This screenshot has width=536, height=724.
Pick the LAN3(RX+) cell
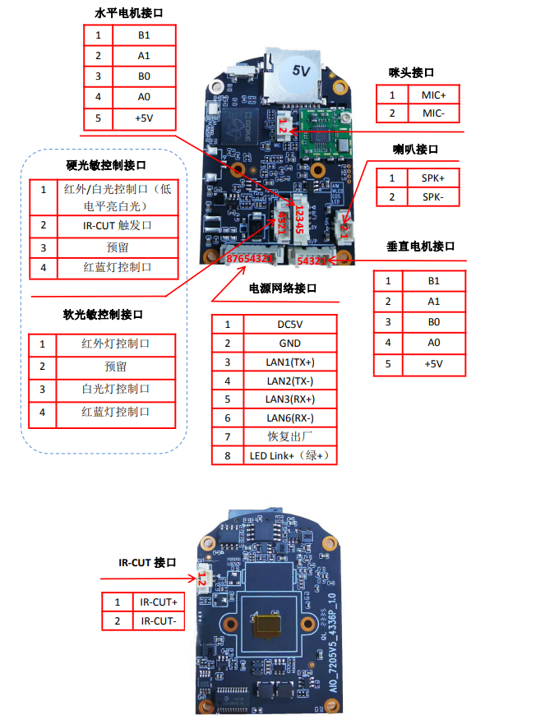coord(289,399)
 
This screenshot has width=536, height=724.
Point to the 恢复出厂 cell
coord(289,436)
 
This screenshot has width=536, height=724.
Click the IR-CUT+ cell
coord(159,602)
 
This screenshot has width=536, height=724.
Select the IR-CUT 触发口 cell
coord(116,225)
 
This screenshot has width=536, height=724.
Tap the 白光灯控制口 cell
coord(116,389)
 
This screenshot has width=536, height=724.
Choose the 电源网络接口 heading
coord(283,288)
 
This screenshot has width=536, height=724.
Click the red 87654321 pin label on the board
coord(250,259)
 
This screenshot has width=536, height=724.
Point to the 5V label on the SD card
coord(301,71)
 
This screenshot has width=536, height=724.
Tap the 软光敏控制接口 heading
coord(104,315)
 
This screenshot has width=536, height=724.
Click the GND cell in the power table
coord(289,343)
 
